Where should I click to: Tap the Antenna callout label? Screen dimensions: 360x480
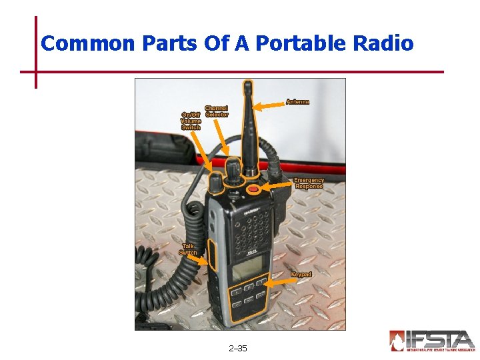tap(297, 102)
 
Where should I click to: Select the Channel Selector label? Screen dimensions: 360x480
tap(216, 111)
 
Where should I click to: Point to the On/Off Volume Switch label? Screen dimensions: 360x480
tap(191, 121)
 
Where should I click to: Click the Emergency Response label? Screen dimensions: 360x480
tap(309, 183)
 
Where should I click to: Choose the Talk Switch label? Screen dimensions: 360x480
tap(188, 249)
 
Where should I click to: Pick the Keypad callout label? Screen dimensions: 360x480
tap(301, 275)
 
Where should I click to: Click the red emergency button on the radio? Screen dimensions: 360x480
tap(253, 190)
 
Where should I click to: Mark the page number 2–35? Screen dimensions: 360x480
tap(237, 349)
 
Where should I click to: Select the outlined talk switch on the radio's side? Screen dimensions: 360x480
tap(212, 255)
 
